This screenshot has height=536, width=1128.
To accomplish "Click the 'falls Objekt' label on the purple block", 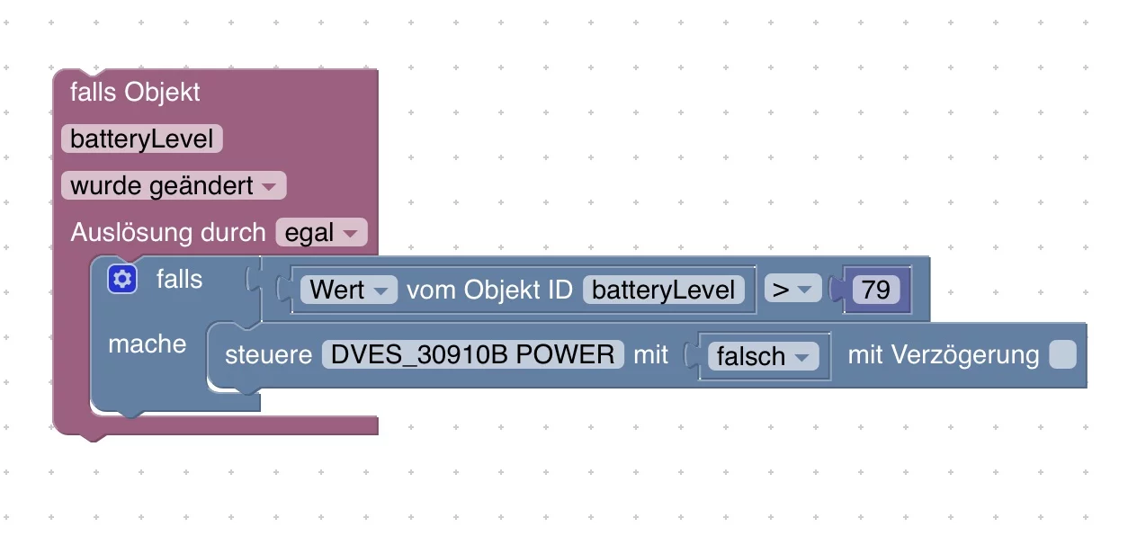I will [x=135, y=93].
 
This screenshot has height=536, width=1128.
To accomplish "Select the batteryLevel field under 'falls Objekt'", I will [x=142, y=139].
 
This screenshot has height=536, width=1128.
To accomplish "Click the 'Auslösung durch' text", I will [x=168, y=233].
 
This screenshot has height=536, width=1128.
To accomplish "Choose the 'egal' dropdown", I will [x=321, y=233].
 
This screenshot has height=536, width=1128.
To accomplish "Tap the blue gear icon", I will [x=122, y=280].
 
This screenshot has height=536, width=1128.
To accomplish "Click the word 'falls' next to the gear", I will [x=179, y=280].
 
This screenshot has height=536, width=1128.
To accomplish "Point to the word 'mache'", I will [x=147, y=344].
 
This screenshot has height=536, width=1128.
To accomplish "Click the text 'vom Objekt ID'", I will [x=489, y=290].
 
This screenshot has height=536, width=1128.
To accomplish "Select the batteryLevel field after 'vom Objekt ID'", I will [x=664, y=290].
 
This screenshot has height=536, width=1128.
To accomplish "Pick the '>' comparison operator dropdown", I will [x=792, y=290].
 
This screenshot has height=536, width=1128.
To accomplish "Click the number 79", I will [x=875, y=290].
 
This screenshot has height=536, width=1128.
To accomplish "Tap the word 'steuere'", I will [x=268, y=354].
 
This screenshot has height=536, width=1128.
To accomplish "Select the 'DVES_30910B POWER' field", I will [x=473, y=354].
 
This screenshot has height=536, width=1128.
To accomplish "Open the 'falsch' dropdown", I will [x=764, y=356].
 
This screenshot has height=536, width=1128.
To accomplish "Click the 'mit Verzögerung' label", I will [x=943, y=354].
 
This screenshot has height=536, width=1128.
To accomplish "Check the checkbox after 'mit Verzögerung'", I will [x=1062, y=354].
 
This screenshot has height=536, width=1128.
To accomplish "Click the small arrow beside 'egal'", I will [x=351, y=234].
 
